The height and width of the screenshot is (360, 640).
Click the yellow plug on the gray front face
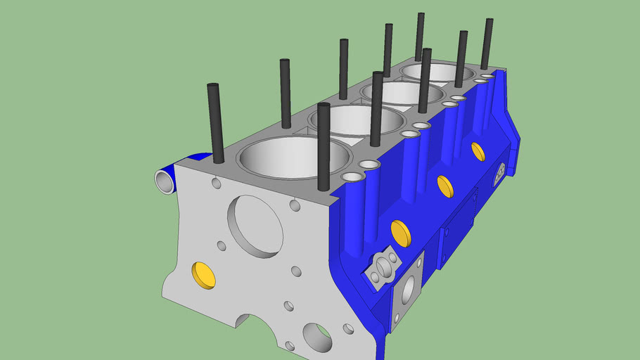(x=204, y=275)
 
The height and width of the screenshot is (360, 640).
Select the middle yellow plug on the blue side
(x=445, y=186)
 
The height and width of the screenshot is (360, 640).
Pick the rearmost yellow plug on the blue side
(x=478, y=151)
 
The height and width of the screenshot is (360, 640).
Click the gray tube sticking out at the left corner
(x=165, y=181)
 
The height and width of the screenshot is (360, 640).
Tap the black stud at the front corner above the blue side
(x=324, y=146)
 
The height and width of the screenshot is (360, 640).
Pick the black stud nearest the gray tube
(x=215, y=123)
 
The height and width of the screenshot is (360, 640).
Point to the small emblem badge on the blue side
(x=501, y=172)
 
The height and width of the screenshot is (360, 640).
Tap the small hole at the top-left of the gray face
(x=216, y=184)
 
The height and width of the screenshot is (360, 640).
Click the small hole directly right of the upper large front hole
(x=295, y=205)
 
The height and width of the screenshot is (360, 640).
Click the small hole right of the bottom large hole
(x=348, y=328)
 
